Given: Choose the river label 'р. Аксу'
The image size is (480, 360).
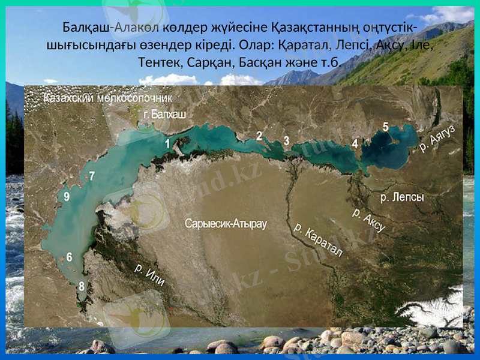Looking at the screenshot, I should (x=368, y=220).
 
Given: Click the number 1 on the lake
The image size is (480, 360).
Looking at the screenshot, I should (x=167, y=143).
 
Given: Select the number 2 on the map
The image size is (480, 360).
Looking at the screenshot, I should (x=259, y=136).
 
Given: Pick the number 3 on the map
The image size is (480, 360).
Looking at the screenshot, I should (x=286, y=140).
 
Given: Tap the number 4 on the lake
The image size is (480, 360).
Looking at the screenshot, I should (x=355, y=143).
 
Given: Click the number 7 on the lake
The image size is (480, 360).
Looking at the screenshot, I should (x=91, y=176).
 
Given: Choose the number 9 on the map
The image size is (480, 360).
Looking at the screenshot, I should (x=66, y=196).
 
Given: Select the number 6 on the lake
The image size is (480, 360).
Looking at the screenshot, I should (x=70, y=257).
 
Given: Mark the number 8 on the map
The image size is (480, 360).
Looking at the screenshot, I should (x=82, y=286).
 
